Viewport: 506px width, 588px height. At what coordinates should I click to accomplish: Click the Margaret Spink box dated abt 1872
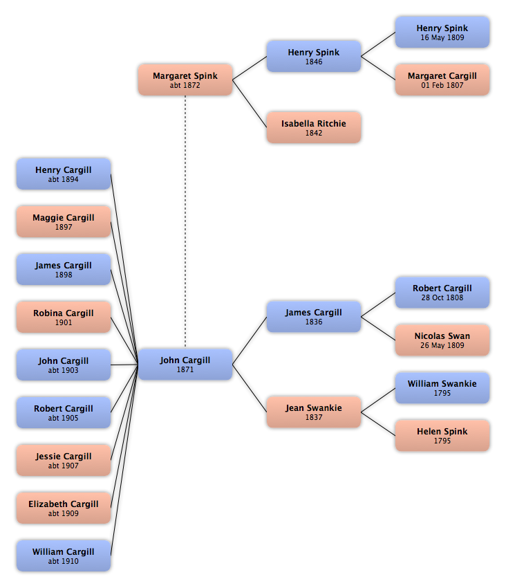[x=185, y=80]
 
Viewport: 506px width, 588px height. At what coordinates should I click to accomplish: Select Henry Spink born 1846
[x=314, y=56]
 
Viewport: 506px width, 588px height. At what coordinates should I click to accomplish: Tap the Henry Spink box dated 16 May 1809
[x=442, y=33]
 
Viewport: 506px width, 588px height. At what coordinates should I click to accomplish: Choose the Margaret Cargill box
[x=442, y=80]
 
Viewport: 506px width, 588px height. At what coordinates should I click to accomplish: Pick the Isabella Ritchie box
[x=314, y=127]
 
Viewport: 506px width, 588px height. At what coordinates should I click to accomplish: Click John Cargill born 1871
[x=185, y=364]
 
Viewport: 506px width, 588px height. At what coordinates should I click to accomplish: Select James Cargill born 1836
[x=314, y=317]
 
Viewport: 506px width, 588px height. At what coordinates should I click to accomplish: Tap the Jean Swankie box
[x=314, y=412]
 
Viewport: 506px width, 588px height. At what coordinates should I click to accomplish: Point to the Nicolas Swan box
[x=442, y=340]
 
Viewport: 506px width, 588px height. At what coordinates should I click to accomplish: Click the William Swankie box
[x=442, y=388]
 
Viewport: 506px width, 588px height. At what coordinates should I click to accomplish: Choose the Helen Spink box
[x=442, y=435]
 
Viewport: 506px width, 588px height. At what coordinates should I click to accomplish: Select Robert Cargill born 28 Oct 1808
[x=442, y=293]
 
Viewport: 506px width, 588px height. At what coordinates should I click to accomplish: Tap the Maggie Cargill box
[x=64, y=221]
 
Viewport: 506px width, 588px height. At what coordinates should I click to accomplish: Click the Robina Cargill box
[x=64, y=317]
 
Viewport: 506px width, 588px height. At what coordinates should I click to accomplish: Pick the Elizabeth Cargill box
[x=64, y=508]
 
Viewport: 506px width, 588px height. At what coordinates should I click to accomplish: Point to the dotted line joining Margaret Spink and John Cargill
[x=185, y=221]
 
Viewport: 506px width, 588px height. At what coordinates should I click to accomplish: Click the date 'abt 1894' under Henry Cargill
[x=64, y=179]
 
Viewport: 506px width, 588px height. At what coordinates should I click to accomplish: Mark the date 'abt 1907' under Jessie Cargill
[x=64, y=466]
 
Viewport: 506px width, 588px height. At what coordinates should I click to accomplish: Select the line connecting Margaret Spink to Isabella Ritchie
[x=250, y=104]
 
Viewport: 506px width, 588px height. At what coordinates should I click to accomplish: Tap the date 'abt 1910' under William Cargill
[x=64, y=561]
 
